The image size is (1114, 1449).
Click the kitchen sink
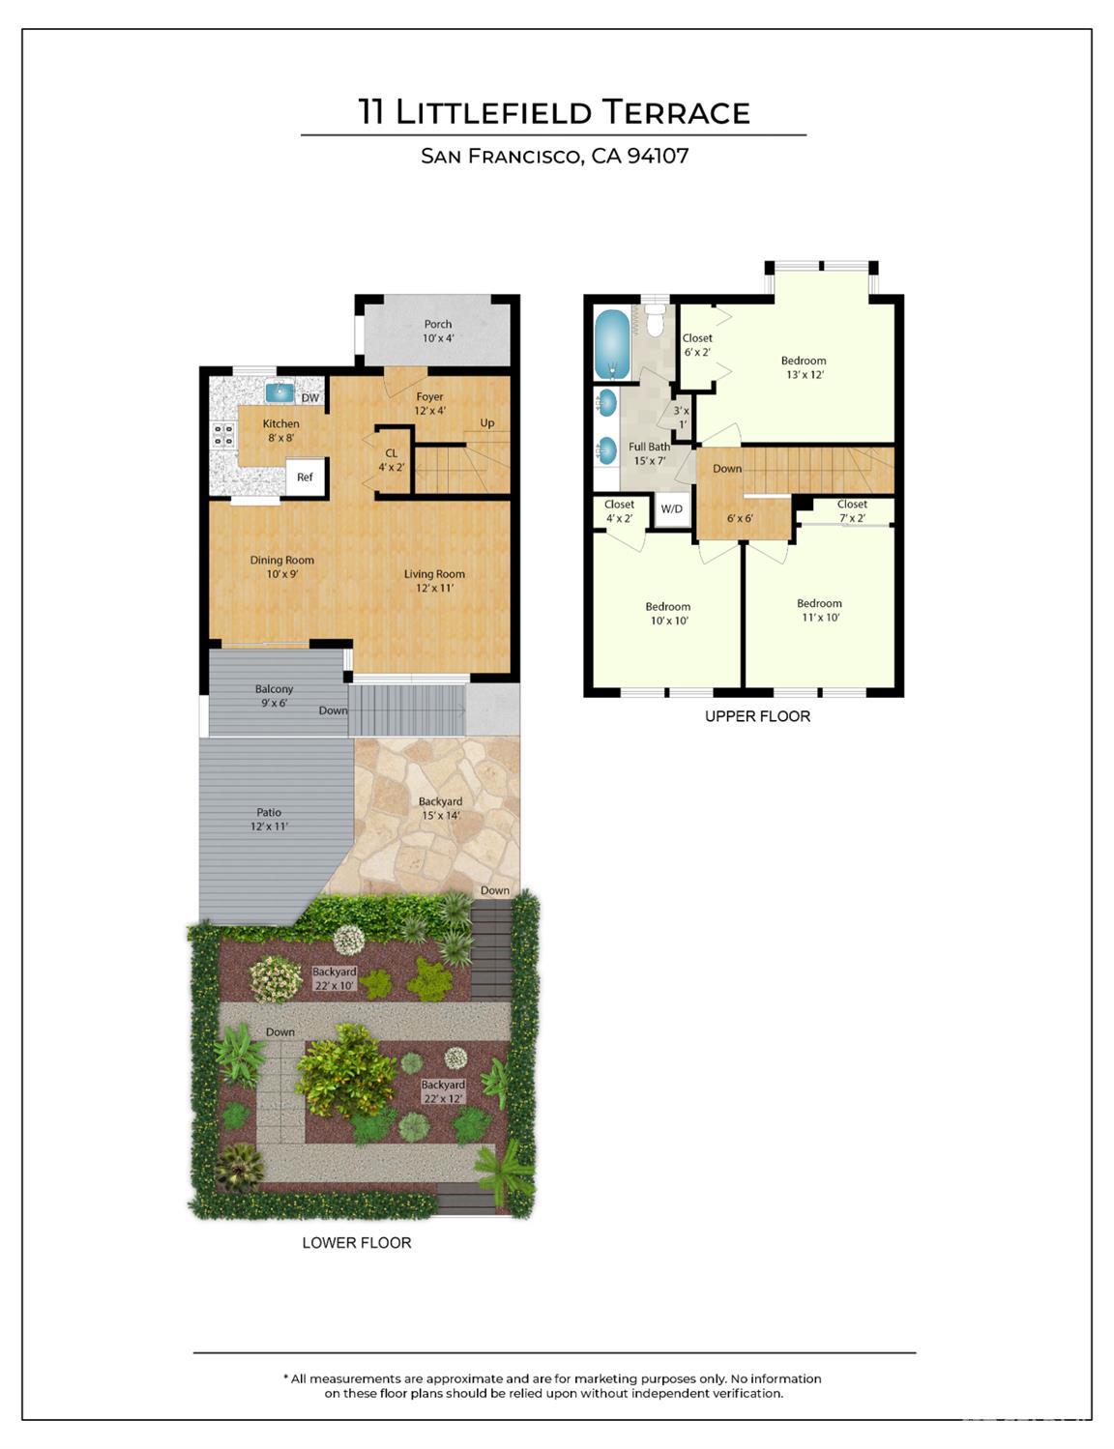(x=279, y=391)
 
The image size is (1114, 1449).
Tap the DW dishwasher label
(x=309, y=398)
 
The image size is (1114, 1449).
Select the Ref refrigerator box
(x=305, y=478)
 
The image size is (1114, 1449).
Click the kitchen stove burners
(x=223, y=435)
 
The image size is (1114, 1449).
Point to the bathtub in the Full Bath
(x=611, y=344)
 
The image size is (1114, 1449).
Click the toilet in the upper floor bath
(x=655, y=322)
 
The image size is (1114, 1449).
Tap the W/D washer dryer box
(x=671, y=509)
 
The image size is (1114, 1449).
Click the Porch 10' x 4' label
(x=438, y=332)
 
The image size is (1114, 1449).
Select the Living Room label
(x=434, y=581)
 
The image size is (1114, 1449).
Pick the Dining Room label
(x=281, y=566)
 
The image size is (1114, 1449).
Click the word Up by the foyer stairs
(x=487, y=423)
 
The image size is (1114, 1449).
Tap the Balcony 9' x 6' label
(x=274, y=696)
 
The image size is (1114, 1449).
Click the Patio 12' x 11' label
(x=269, y=820)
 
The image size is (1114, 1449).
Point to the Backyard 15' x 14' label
(x=440, y=808)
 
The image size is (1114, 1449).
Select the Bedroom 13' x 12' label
(x=804, y=367)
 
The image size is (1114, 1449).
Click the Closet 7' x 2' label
(x=852, y=510)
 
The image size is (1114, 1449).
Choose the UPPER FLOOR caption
(x=757, y=716)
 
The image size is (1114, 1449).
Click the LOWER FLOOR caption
(x=357, y=1243)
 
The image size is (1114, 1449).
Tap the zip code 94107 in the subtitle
(x=658, y=156)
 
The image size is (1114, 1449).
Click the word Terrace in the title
(x=676, y=112)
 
